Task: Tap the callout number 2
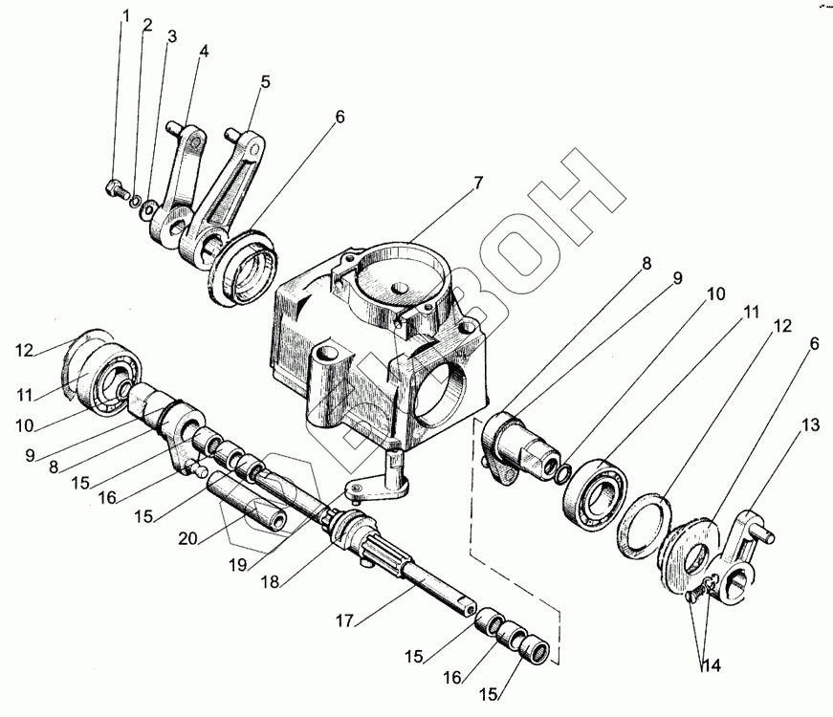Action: [147, 25]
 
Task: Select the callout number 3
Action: [171, 37]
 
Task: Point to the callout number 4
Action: [203, 50]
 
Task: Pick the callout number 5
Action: [265, 81]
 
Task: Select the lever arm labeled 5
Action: [230, 191]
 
